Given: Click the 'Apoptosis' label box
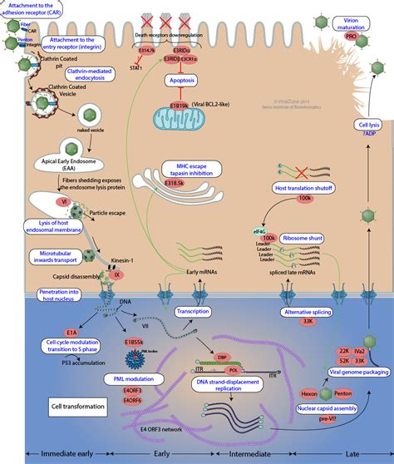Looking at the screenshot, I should click(x=181, y=81).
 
